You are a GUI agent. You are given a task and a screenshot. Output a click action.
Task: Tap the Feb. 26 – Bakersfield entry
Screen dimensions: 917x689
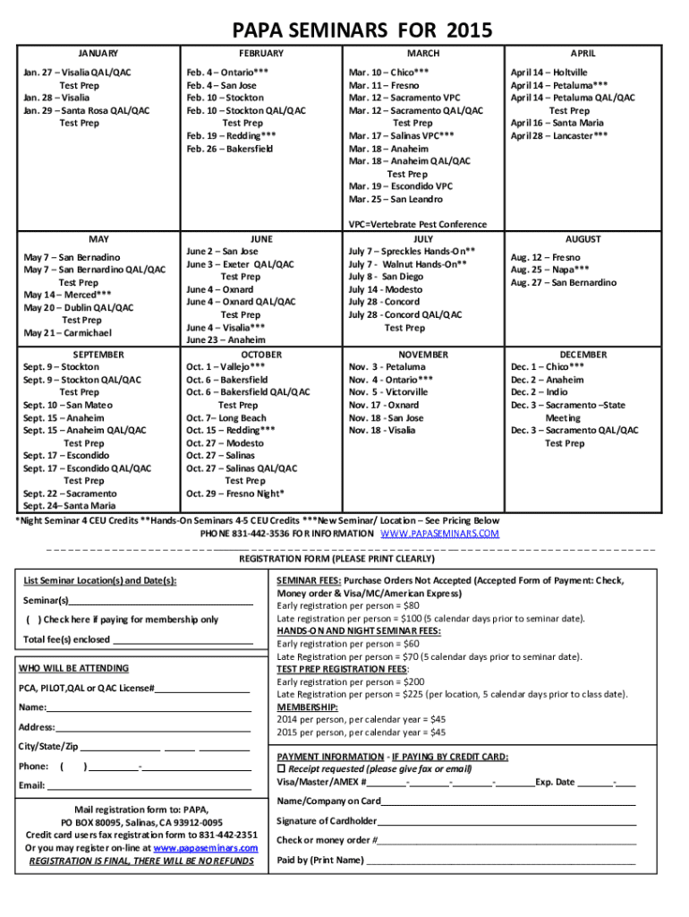point(229,149)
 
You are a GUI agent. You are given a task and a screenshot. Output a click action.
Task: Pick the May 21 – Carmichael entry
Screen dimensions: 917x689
point(67,333)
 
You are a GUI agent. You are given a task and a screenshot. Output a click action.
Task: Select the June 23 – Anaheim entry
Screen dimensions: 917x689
point(225,340)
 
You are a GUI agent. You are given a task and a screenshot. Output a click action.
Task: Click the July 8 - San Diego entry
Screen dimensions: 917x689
point(386,278)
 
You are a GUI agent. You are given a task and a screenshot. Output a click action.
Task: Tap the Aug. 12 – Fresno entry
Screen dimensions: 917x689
point(545,257)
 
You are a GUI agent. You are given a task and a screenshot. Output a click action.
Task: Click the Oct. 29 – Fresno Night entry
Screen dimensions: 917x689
point(235,493)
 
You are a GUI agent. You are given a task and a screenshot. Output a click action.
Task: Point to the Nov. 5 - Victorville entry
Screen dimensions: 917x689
point(388,392)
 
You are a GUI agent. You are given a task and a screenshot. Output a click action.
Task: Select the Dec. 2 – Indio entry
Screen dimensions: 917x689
point(539,392)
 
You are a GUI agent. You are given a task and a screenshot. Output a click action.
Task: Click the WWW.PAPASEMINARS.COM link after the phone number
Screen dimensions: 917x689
point(439,534)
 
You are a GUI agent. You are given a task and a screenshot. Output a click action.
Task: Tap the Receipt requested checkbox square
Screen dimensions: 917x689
point(281,769)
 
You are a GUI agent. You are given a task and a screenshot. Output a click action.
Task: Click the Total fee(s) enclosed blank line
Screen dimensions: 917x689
point(183,639)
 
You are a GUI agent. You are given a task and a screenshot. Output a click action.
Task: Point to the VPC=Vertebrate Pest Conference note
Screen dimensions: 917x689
point(418,224)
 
